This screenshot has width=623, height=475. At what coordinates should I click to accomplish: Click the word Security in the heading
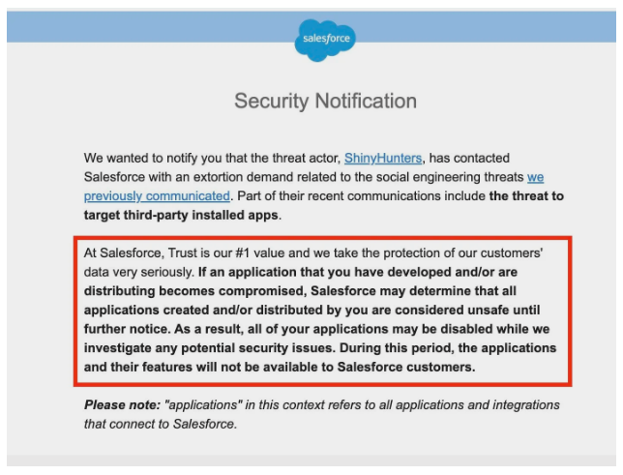(267, 101)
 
